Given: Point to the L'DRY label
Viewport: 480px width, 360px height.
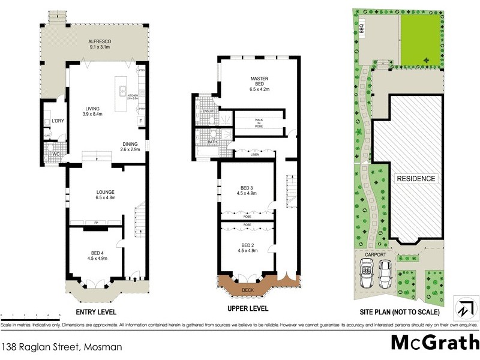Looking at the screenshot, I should click(58, 121).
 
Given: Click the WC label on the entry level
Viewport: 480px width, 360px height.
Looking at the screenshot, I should click(55, 154).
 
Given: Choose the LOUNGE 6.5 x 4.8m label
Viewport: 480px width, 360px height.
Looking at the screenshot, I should click(105, 194).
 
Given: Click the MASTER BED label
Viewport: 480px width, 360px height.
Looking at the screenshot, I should click(258, 83).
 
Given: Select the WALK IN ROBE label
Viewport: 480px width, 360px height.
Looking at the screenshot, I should click(259, 123).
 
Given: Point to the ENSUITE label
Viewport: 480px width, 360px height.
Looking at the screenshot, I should click(208, 112).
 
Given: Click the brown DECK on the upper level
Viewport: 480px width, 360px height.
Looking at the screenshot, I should click(247, 289).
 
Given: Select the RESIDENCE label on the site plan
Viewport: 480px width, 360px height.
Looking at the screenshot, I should click(415, 179).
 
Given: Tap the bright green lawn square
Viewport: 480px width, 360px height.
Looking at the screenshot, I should click(422, 38).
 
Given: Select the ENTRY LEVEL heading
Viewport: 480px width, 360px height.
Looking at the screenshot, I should click(96, 313).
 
